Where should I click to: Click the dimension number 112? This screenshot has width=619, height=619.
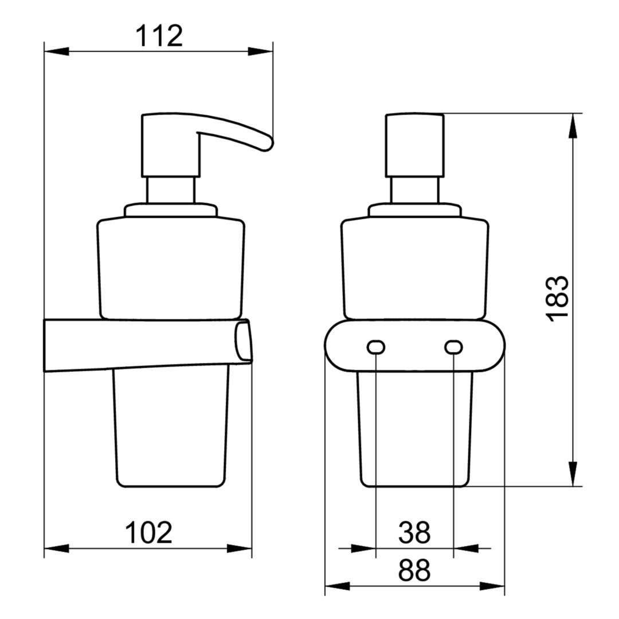pyautogui.click(x=159, y=36)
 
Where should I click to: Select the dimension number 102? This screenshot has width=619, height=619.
pyautogui.click(x=148, y=532)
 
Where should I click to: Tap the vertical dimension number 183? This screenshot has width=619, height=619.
pyautogui.click(x=557, y=299)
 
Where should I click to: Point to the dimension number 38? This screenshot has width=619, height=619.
pyautogui.click(x=414, y=532)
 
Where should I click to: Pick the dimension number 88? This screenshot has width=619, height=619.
pyautogui.click(x=414, y=570)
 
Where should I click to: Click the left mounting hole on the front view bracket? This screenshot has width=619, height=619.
pyautogui.click(x=376, y=347)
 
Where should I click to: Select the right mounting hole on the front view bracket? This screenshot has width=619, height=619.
pyautogui.click(x=453, y=347)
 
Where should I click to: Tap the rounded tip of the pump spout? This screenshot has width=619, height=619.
pyautogui.click(x=268, y=144)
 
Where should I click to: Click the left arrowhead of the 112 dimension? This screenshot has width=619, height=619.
pyautogui.click(x=56, y=52)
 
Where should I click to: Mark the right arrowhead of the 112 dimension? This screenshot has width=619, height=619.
pyautogui.click(x=261, y=52)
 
